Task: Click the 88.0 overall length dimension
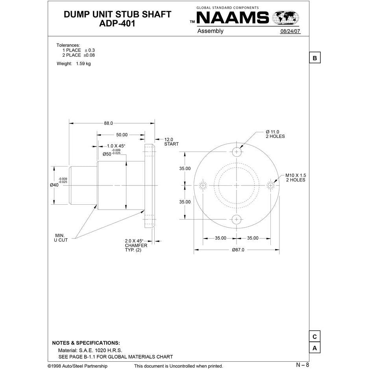click(x=108, y=123)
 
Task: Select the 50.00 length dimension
click(x=122, y=135)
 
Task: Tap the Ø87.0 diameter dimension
click(x=239, y=250)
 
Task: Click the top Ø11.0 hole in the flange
click(x=237, y=152)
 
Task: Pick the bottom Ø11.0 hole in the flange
click(x=237, y=220)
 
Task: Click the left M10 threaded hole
click(x=203, y=185)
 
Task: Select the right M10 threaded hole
click(x=270, y=185)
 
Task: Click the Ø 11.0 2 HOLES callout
click(x=275, y=134)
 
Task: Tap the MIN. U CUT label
click(x=61, y=237)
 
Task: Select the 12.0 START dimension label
click(x=171, y=142)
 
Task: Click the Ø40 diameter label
click(x=54, y=185)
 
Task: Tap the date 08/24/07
click(x=290, y=31)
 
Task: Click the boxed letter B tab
click(x=314, y=58)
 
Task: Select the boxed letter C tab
click(x=314, y=337)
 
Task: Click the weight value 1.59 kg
click(x=83, y=64)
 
